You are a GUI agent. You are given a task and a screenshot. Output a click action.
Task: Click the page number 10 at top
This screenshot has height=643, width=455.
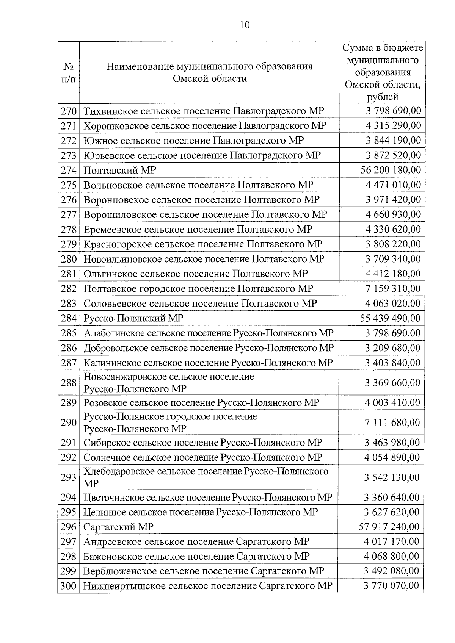(x=245, y=25)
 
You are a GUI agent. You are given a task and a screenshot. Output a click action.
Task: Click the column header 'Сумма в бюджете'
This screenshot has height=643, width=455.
(x=383, y=48)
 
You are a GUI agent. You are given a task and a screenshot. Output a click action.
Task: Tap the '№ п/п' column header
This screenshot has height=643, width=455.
(x=68, y=73)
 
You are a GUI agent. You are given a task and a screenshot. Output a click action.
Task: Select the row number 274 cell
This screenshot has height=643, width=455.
(x=69, y=170)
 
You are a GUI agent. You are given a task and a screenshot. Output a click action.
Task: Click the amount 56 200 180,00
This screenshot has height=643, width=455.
(x=391, y=170)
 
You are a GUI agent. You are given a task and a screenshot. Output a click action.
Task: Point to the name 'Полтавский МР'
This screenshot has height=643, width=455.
(x=119, y=170)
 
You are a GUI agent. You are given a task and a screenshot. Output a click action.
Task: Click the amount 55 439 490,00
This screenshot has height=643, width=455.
(x=390, y=318)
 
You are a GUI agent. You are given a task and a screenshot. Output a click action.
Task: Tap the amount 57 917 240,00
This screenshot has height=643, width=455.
(x=389, y=527)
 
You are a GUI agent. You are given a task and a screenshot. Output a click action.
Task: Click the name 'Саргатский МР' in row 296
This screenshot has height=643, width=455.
(x=118, y=527)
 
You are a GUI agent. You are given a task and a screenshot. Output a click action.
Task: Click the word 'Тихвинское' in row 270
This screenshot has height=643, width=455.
(x=110, y=111)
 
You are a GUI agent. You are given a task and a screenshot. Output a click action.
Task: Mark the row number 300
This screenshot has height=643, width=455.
(x=69, y=586)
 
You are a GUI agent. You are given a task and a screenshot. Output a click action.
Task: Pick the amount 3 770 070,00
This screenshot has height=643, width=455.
(x=391, y=586)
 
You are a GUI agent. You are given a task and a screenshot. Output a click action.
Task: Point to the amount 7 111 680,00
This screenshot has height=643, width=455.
(x=392, y=422)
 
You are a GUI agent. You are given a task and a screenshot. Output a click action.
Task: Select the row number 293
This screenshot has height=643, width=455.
(x=69, y=477)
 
